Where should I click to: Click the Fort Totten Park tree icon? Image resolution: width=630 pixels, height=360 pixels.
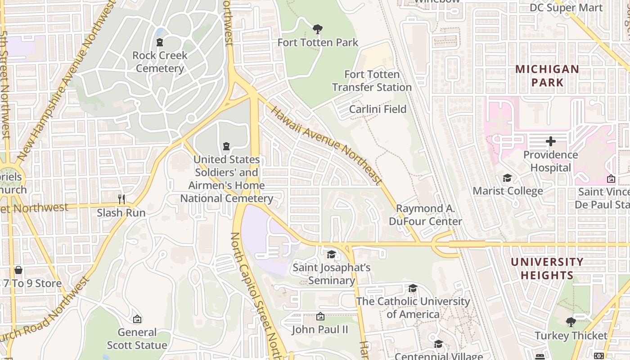point(318,30)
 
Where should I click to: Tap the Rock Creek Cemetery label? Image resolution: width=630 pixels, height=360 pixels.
point(160,62)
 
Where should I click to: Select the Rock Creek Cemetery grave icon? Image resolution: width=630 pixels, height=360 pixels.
point(159,42)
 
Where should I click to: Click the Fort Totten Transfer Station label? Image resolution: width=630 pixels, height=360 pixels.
point(372,81)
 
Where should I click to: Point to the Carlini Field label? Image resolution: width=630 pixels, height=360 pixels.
point(378,109)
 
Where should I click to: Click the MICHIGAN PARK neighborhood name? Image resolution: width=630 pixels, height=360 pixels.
point(547,76)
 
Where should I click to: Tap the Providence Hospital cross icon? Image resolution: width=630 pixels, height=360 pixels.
point(550,142)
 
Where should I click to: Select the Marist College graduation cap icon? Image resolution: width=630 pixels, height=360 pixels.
point(507,178)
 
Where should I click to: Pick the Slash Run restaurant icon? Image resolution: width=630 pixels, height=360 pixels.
point(121,199)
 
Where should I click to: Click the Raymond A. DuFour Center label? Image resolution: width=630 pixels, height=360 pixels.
point(425,215)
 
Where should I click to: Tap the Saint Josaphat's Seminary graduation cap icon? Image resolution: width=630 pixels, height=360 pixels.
point(331,255)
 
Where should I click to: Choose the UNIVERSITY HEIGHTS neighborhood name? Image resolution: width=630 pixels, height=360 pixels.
point(547,268)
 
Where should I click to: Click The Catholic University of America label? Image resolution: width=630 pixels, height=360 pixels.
point(413,307)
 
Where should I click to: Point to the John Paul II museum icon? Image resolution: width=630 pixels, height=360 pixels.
point(320,317)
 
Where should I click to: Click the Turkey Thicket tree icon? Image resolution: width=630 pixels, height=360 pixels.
point(571,322)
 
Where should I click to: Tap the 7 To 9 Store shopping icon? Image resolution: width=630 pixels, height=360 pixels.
point(18,270)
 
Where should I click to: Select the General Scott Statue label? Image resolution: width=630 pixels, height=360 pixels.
point(137,339)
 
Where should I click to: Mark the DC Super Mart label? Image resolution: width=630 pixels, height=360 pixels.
point(566,8)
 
